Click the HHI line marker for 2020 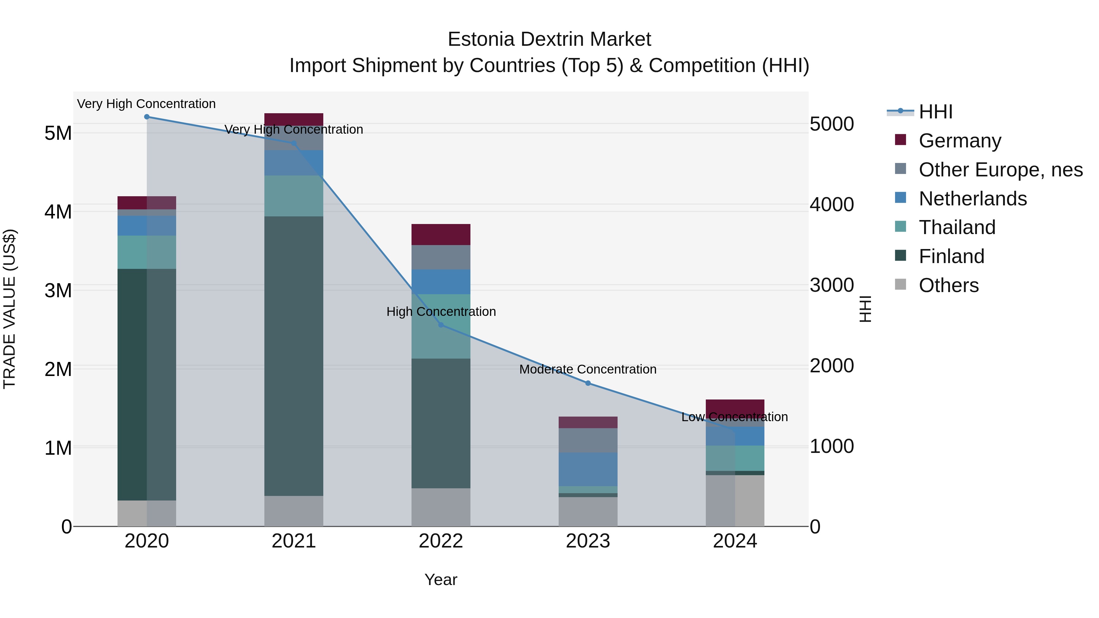click(x=147, y=117)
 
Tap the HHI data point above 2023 click(x=588, y=383)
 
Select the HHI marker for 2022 click(x=441, y=325)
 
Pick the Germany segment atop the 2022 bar click(x=441, y=234)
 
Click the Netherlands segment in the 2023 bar click(x=588, y=469)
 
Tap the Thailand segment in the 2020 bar click(x=147, y=252)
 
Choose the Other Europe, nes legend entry click(x=1000, y=170)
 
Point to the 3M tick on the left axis click(x=58, y=291)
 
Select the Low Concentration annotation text click(x=734, y=417)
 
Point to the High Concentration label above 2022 click(x=441, y=312)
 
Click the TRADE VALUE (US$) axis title click(x=9, y=309)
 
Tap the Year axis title click(x=441, y=580)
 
